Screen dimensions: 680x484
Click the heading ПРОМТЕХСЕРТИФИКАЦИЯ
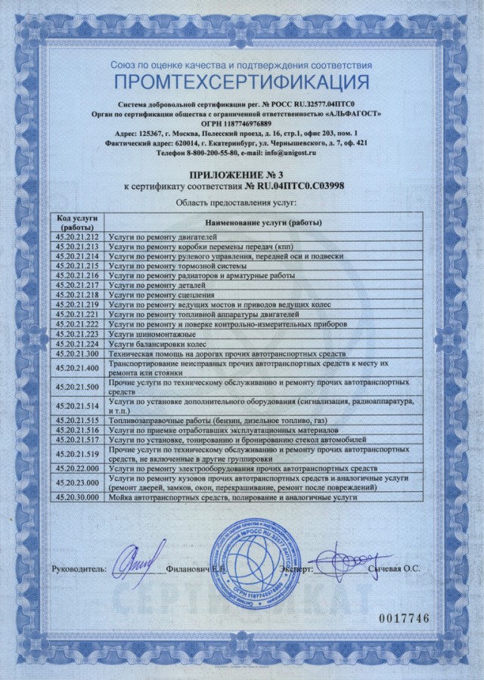click(x=241, y=82)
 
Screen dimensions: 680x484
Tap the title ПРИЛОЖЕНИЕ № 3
click(x=241, y=173)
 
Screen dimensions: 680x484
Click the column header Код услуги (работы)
click(x=78, y=223)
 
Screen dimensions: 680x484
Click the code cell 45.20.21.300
click(x=78, y=354)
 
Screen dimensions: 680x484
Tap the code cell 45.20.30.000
click(x=78, y=498)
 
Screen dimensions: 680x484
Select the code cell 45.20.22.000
click(x=78, y=469)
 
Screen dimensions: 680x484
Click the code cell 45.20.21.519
click(x=78, y=454)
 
